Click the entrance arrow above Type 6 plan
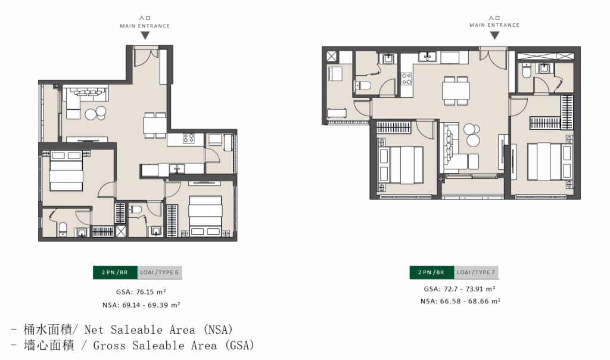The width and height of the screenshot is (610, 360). click(145, 35)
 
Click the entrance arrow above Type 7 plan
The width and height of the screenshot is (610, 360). click(494, 35)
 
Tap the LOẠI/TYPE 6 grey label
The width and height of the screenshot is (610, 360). click(160, 272)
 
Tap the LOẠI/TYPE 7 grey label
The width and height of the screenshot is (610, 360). click(476, 272)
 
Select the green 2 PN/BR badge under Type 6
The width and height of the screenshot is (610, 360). click(115, 272)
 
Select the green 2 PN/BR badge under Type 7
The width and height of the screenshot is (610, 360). click(432, 272)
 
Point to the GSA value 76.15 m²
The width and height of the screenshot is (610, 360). click(141, 292)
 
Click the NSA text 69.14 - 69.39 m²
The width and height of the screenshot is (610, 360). click(141, 305)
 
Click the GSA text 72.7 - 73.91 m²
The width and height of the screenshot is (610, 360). click(459, 289)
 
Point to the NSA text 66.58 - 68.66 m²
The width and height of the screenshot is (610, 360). click(460, 301)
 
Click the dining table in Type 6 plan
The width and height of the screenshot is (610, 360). click(155, 125)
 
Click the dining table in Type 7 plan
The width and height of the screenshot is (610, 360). click(456, 91)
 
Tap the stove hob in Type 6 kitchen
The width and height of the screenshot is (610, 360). click(189, 138)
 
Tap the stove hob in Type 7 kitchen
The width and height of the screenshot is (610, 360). click(406, 79)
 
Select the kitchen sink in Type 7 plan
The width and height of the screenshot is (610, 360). click(428, 57)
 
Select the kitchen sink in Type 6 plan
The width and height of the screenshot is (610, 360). click(177, 169)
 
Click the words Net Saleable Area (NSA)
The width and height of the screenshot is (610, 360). click(158, 330)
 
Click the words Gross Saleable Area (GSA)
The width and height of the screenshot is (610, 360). click(174, 346)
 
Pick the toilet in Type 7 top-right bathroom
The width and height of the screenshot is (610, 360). click(526, 70)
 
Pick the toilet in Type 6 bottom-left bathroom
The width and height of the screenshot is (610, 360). click(62, 229)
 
